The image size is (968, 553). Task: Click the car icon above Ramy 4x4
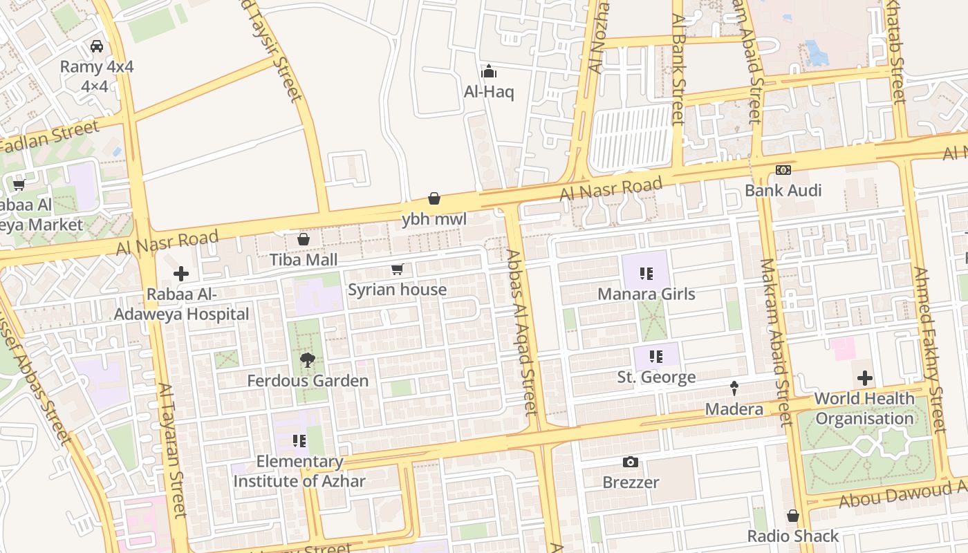(x=97, y=46)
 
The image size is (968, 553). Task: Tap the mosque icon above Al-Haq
(x=489, y=71)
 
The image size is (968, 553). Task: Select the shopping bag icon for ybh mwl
(x=434, y=199)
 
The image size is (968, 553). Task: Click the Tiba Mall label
(x=304, y=260)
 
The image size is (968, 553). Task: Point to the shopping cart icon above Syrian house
(x=397, y=269)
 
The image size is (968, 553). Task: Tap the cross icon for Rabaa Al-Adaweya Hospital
(x=181, y=274)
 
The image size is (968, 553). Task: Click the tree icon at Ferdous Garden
(x=308, y=359)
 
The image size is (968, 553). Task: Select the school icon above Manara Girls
(x=646, y=274)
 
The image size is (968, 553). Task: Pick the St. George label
(x=656, y=377)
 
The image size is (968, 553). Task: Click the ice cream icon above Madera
(x=734, y=388)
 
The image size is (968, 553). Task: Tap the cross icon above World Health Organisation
(x=864, y=378)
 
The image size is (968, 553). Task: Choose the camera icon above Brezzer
(x=631, y=462)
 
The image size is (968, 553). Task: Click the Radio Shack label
(x=792, y=536)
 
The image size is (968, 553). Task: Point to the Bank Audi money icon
(x=783, y=169)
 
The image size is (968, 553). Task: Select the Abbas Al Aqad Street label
(x=521, y=332)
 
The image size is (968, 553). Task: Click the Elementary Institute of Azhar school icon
(x=299, y=441)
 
